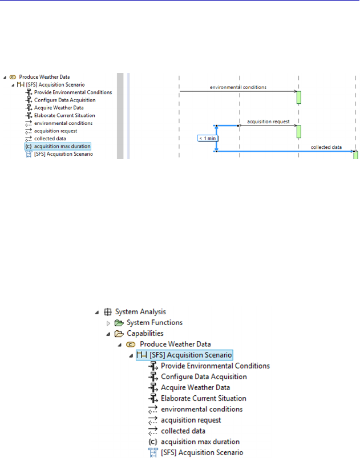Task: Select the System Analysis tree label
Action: (140, 312)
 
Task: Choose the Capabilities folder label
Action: (145, 334)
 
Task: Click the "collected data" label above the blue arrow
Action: (326, 147)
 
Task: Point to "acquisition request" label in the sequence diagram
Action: (269, 121)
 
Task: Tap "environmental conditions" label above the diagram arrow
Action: (238, 87)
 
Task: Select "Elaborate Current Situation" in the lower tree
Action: (204, 398)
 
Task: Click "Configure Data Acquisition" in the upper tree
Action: (64, 100)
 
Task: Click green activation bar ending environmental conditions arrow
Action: (298, 97)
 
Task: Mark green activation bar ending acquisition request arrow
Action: (298, 131)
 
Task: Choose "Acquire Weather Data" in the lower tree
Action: (196, 387)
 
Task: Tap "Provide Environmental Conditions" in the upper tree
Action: (73, 92)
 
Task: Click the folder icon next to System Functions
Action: (119, 323)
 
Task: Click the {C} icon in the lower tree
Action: (153, 441)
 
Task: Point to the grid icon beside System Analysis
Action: (108, 312)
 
